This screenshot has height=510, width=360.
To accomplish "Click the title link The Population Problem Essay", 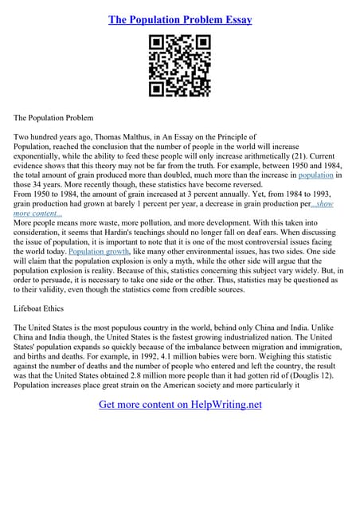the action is [x=179, y=18].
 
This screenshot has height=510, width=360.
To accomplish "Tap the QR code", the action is [x=179, y=66].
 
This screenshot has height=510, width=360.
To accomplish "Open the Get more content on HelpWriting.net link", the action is [x=180, y=405].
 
